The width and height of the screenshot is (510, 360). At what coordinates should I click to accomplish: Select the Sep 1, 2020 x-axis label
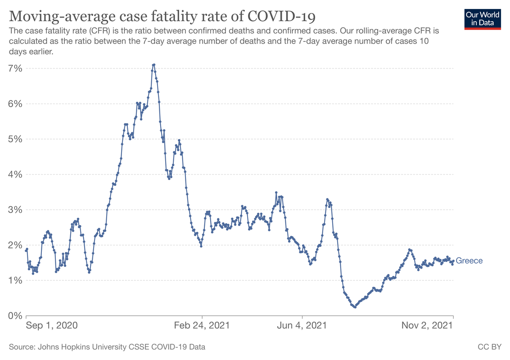52,325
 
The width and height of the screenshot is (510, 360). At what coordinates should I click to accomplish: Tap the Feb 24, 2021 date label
202,325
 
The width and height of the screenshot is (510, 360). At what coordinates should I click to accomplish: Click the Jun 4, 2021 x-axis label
302,325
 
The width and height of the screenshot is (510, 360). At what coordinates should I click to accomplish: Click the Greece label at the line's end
469,261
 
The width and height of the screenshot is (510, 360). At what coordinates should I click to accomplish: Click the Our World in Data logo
483,18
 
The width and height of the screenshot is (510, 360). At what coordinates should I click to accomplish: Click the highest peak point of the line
154,64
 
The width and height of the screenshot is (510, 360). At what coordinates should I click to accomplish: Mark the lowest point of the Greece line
355,307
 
